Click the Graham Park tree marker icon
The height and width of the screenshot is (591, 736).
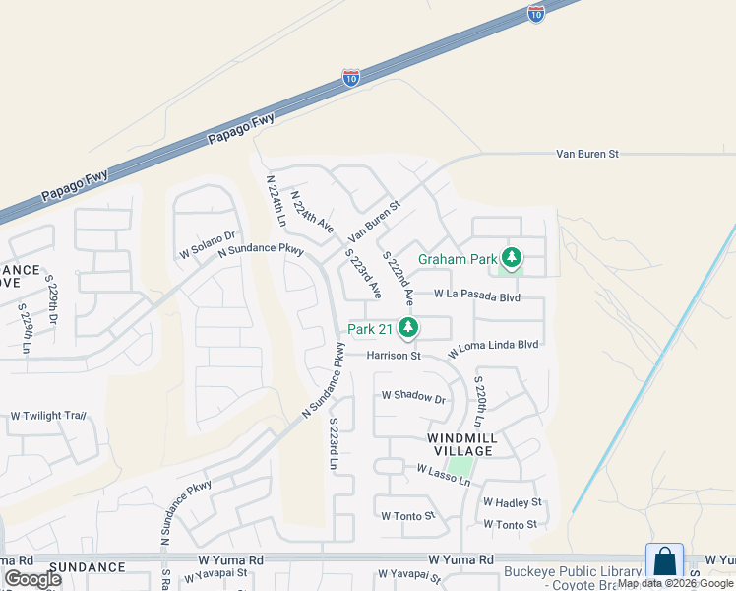click(x=511, y=259)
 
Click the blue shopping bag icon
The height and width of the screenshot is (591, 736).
click(x=664, y=561)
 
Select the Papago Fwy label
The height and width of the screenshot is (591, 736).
click(x=241, y=129)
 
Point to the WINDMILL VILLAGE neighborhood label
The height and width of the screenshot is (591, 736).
click(x=461, y=444)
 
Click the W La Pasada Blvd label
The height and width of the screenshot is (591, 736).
click(x=478, y=295)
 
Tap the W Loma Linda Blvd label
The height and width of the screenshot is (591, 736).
click(x=494, y=348)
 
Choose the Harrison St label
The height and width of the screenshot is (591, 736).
click(x=395, y=356)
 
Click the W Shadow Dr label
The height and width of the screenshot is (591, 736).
click(x=414, y=399)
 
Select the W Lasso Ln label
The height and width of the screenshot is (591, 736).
click(x=444, y=475)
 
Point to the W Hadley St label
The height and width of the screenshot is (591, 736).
click(x=512, y=502)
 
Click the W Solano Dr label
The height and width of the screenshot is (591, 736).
click(x=208, y=244)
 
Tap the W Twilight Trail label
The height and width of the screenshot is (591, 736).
click(x=48, y=416)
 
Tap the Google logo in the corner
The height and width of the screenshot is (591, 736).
click(x=32, y=578)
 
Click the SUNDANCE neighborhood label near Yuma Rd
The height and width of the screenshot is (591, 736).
click(x=88, y=567)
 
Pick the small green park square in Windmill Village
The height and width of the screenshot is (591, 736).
click(x=460, y=465)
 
